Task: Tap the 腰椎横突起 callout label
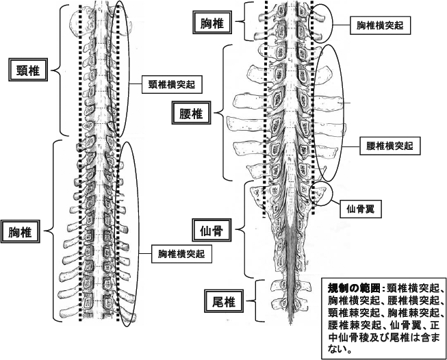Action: (388, 146)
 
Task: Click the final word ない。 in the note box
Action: (340, 349)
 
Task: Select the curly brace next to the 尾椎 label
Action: (255, 299)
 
